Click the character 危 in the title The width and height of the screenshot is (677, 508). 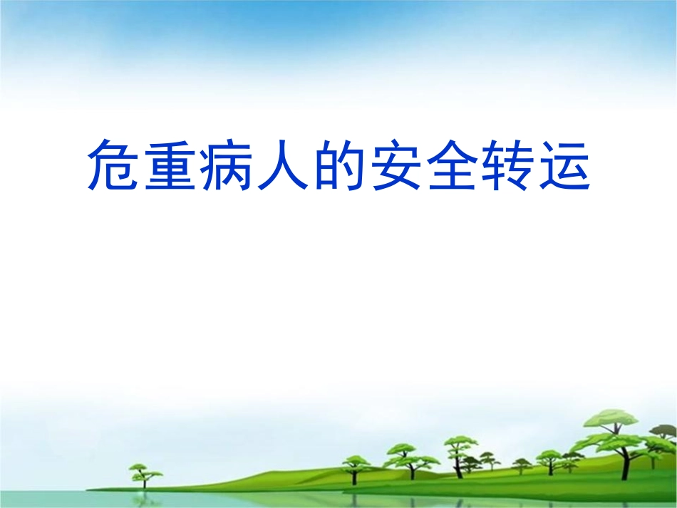click(x=114, y=165)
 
